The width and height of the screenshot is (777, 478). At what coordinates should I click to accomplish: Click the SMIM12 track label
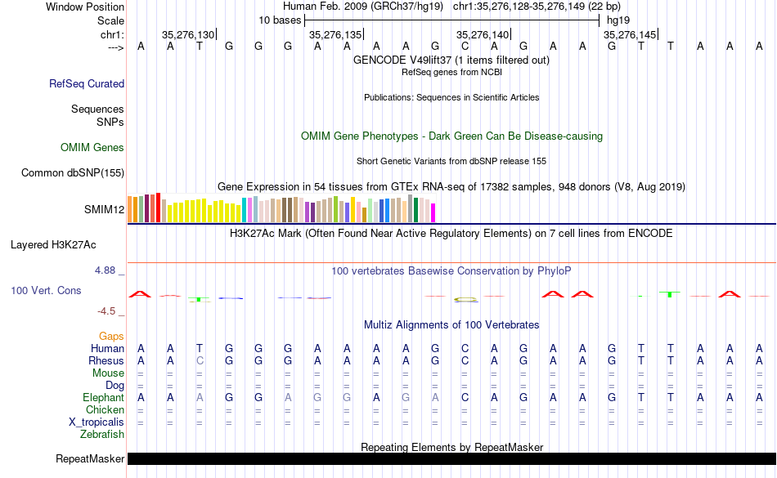point(104,209)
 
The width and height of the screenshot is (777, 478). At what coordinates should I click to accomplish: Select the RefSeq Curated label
point(87,83)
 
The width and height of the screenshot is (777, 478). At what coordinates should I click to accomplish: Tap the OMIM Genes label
point(92,148)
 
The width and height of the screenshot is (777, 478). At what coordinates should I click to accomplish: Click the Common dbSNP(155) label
point(73,172)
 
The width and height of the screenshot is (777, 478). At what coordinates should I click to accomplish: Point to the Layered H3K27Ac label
point(53,244)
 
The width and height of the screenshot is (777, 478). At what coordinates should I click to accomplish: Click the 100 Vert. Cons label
point(46,290)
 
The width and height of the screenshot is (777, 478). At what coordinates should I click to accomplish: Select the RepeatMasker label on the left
point(90,459)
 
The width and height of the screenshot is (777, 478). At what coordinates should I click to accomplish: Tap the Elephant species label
point(103,397)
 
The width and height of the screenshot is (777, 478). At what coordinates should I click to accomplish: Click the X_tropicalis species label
point(97,422)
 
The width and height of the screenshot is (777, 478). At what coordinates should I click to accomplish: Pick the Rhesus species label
point(107,360)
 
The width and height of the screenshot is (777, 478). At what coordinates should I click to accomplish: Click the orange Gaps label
point(111,336)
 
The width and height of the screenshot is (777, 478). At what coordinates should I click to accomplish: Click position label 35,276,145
point(628,34)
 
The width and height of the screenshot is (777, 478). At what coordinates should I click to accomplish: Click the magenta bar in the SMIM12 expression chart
point(433,212)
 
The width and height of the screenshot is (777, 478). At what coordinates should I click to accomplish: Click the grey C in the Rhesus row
point(200,360)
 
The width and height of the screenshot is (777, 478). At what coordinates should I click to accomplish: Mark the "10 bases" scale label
point(280,20)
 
